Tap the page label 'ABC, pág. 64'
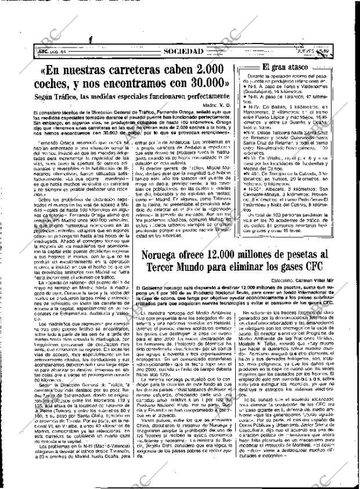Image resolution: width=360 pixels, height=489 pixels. (x=53, y=52)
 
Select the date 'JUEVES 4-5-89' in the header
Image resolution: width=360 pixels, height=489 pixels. (x=312, y=51)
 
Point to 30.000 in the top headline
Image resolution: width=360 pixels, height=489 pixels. (x=201, y=83)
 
